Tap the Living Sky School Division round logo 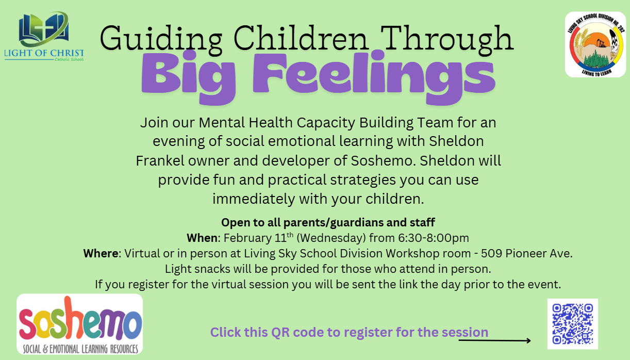(x=595, y=44)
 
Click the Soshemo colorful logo (x=79, y=324)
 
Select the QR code (x=572, y=324)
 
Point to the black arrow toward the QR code (x=494, y=340)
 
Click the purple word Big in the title (x=188, y=76)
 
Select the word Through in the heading (x=449, y=39)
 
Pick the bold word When (x=202, y=238)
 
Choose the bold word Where (x=102, y=254)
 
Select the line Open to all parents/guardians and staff (x=328, y=223)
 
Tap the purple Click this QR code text (x=349, y=332)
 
